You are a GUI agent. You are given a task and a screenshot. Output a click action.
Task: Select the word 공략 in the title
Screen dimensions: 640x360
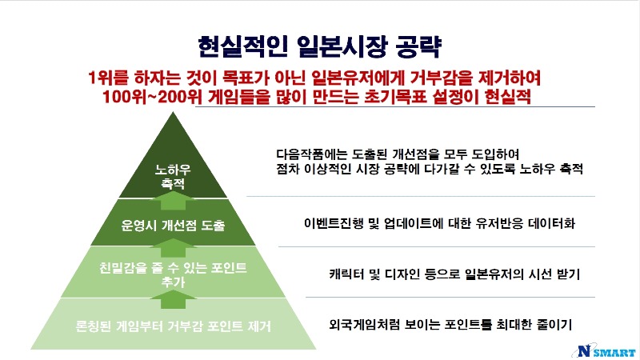[418, 47]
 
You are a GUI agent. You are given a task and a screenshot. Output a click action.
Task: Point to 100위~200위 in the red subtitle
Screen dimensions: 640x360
[150, 97]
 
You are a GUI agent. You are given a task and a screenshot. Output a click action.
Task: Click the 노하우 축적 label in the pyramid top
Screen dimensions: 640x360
[173, 176]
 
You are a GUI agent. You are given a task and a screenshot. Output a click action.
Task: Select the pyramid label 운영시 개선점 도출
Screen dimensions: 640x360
[173, 225]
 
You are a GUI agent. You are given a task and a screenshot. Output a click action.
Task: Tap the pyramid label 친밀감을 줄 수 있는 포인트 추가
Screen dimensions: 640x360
[173, 274]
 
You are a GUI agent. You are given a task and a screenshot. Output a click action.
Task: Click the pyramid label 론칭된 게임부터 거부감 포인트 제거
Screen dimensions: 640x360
[174, 326]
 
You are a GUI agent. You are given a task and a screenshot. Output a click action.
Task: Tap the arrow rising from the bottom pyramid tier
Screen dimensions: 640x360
[173, 298]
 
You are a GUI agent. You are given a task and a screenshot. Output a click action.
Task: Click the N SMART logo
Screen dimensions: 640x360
[604, 352]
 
